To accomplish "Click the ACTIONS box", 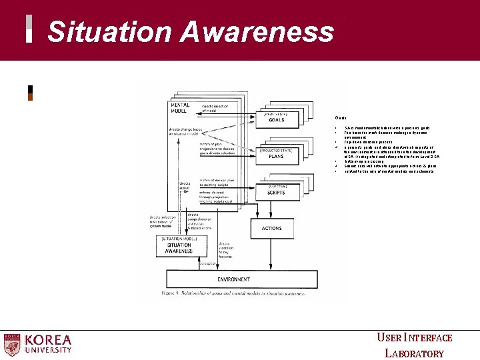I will tap(271, 229).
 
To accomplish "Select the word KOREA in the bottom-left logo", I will tap(48, 339).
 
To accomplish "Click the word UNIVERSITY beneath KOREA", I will tap(48, 350).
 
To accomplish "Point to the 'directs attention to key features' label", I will tap(229, 249).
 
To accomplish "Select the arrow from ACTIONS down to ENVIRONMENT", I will tap(271, 254).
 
